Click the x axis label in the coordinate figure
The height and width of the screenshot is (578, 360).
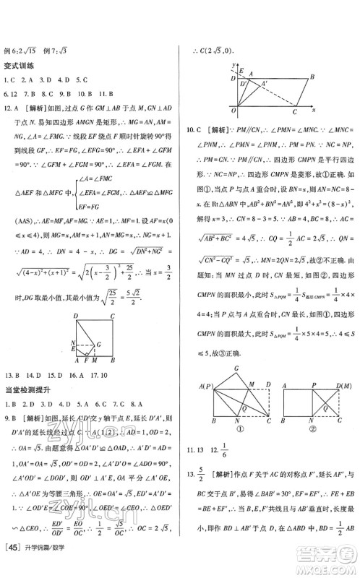click(314, 109)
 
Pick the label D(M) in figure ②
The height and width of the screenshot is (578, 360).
click(345, 384)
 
